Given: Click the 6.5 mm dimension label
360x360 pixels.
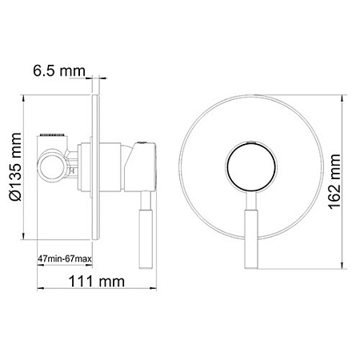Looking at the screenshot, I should tap(59, 73).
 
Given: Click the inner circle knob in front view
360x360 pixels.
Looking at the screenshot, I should tap(250, 169).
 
